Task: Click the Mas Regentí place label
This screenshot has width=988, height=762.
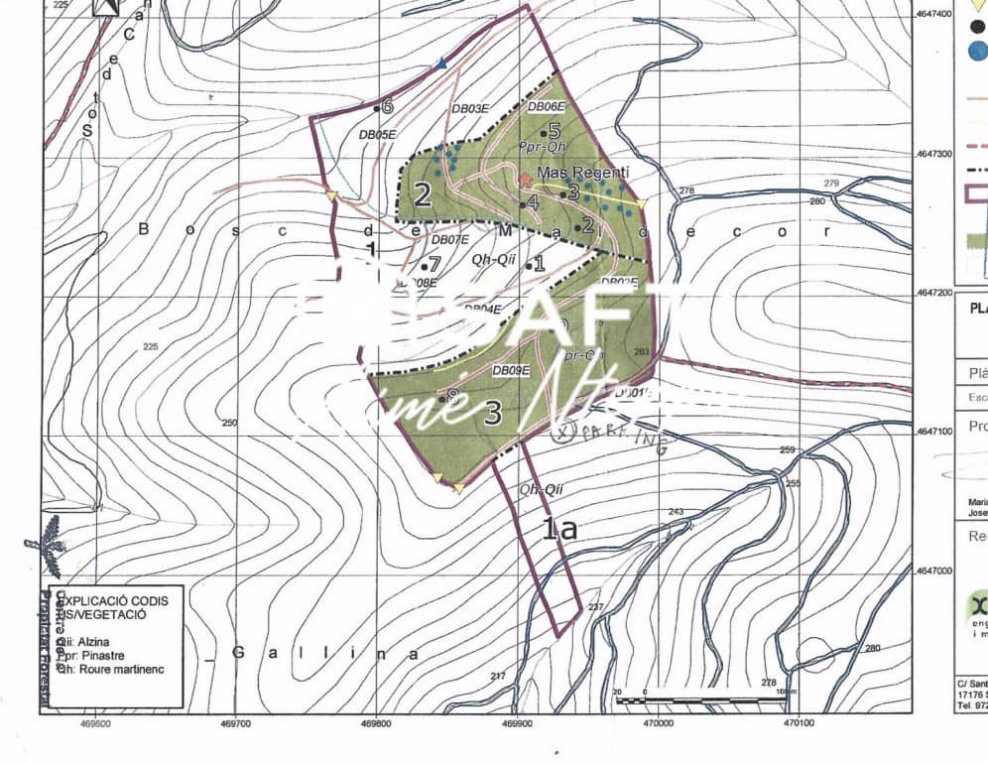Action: click(582, 174)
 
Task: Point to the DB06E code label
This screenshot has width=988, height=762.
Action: click(547, 107)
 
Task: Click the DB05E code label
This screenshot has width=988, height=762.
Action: click(378, 134)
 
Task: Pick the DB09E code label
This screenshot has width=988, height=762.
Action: click(512, 371)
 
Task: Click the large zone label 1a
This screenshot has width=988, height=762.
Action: click(559, 528)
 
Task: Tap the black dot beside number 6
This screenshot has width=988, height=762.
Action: click(377, 107)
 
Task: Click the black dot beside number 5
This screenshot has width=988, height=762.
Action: click(544, 132)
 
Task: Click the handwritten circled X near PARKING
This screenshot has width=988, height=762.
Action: click(566, 432)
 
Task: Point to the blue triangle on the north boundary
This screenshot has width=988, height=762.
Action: click(442, 63)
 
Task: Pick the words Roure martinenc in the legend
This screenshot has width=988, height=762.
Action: click(119, 670)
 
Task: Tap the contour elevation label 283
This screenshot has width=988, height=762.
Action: click(640, 351)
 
